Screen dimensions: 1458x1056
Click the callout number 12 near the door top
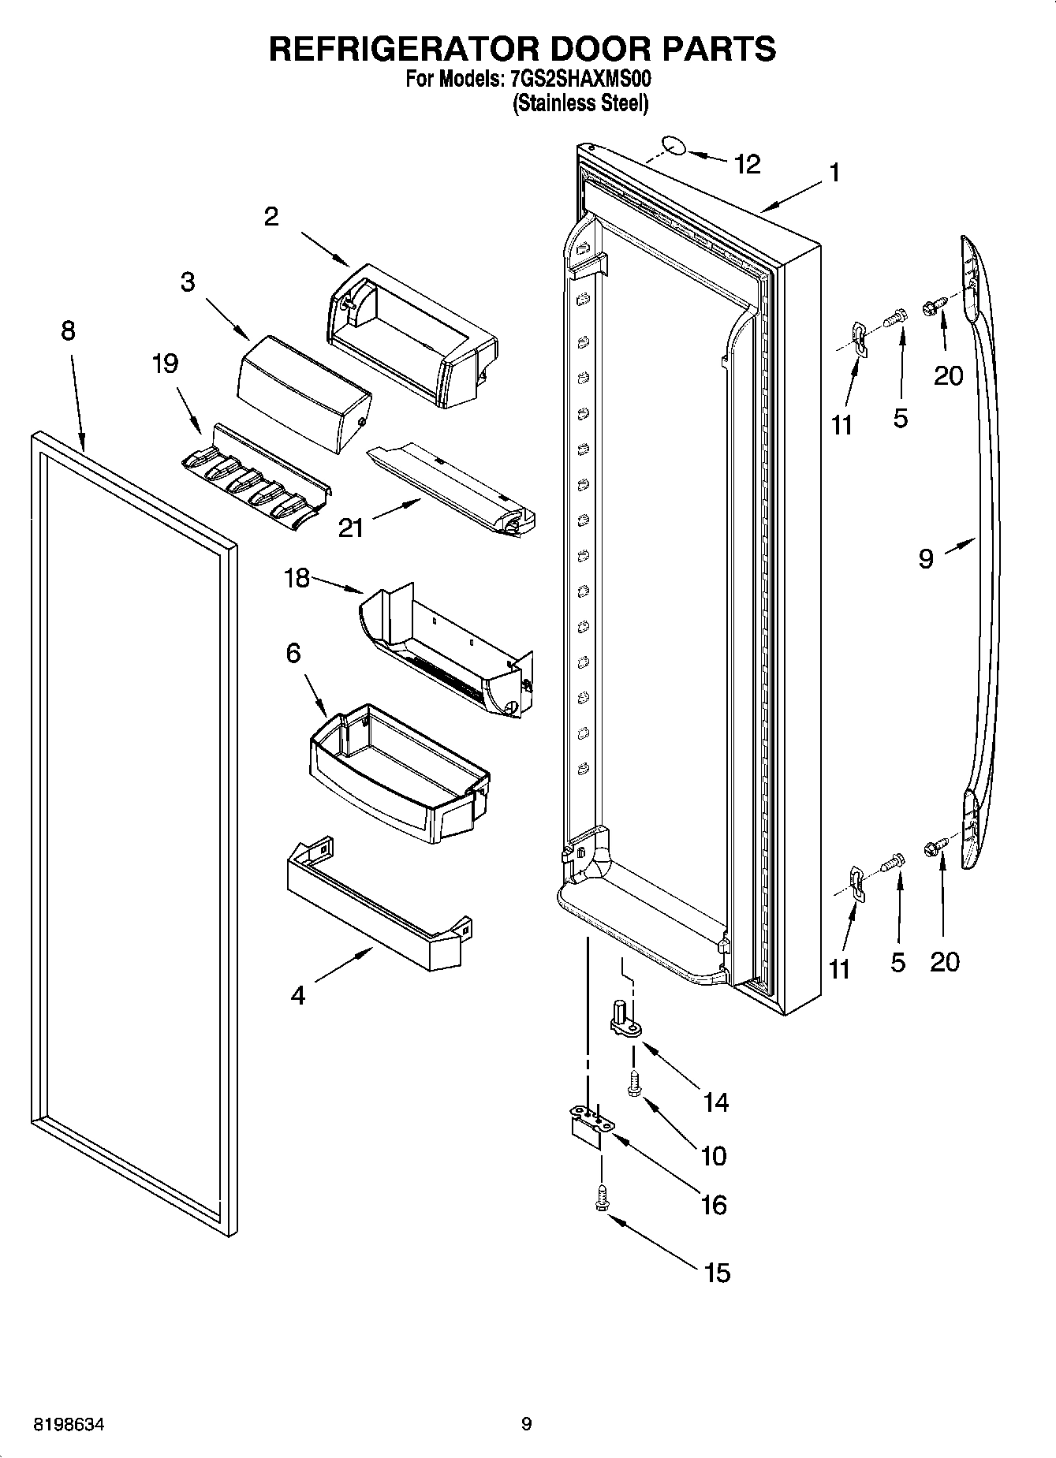[746, 164]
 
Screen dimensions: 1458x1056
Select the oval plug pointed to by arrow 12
[672, 146]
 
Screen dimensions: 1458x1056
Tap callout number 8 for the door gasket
[68, 330]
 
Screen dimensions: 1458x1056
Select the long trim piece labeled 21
[450, 489]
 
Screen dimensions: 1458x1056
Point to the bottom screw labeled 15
[603, 1198]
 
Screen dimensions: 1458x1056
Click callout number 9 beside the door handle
[926, 558]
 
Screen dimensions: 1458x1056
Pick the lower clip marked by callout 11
[857, 882]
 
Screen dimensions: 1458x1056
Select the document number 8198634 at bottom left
[69, 1425]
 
